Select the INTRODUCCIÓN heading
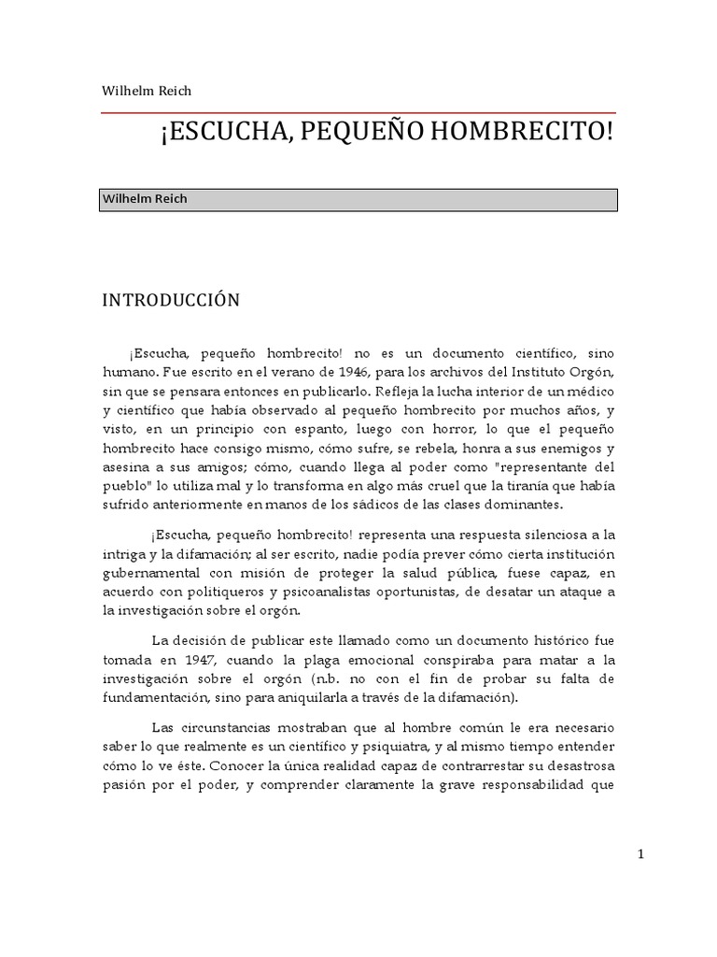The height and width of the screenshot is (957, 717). tap(170, 300)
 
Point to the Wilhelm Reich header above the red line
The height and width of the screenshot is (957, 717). tap(146, 91)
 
